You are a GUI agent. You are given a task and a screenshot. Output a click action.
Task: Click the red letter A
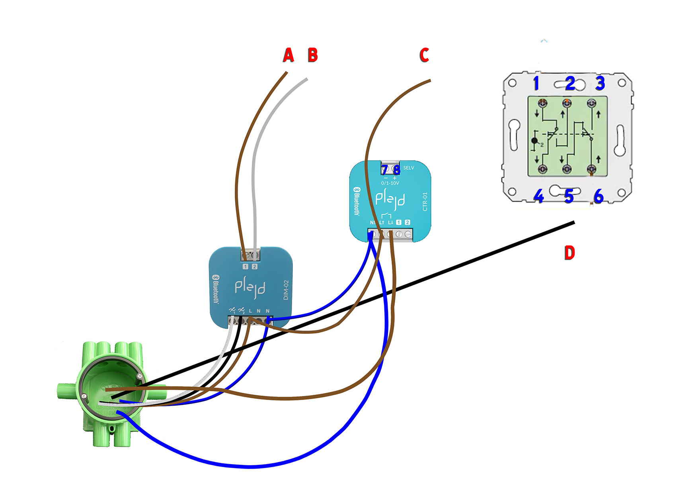point(289,55)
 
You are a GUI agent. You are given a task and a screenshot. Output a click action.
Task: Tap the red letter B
point(313,55)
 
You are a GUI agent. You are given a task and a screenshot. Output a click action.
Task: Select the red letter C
point(424,55)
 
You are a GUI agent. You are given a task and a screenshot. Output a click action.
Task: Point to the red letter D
point(569,253)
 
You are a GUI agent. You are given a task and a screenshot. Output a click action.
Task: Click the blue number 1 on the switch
point(536,83)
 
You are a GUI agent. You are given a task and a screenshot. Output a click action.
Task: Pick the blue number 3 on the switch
point(600,83)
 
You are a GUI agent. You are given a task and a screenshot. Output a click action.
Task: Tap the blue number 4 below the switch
point(538,196)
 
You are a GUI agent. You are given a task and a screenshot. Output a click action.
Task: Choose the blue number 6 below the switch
point(599,196)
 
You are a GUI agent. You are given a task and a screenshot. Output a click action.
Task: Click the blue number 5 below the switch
point(569,196)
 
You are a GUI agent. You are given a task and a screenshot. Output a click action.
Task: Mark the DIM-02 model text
point(286,290)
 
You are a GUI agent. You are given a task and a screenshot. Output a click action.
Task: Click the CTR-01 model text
point(425,202)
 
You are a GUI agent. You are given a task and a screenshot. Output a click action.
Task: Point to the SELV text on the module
point(409,168)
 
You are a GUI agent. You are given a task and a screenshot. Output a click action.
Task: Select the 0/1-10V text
point(390,183)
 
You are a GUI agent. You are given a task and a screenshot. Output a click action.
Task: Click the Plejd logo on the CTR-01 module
point(390,199)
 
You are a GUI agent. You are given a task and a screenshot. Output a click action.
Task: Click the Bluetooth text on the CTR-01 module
point(357,201)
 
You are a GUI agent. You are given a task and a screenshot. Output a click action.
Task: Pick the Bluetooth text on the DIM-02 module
point(216,289)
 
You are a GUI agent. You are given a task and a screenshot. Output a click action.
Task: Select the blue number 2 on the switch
point(570,83)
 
